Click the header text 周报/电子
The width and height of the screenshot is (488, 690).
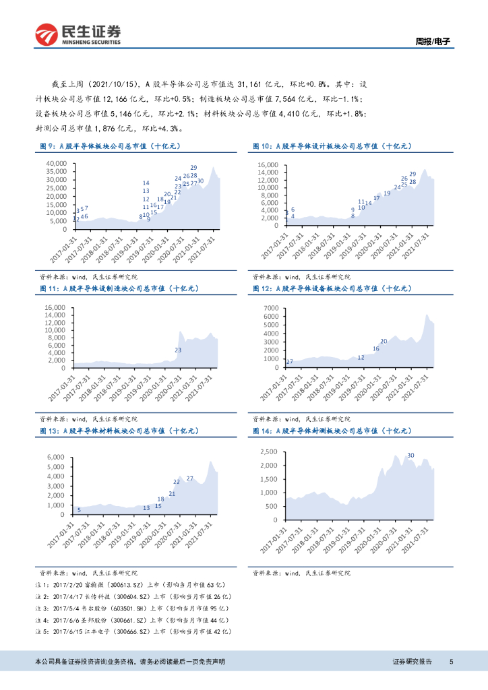point(431,42)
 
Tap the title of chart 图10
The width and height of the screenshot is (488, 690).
point(332,146)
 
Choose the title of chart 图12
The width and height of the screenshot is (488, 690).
point(332,288)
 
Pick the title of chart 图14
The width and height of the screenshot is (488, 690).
point(332,431)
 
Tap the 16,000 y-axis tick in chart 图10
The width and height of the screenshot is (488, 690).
point(268,164)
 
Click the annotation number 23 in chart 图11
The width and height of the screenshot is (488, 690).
point(179,350)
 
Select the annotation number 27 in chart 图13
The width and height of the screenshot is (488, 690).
point(190,478)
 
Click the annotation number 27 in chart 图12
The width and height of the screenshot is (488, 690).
point(289,363)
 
